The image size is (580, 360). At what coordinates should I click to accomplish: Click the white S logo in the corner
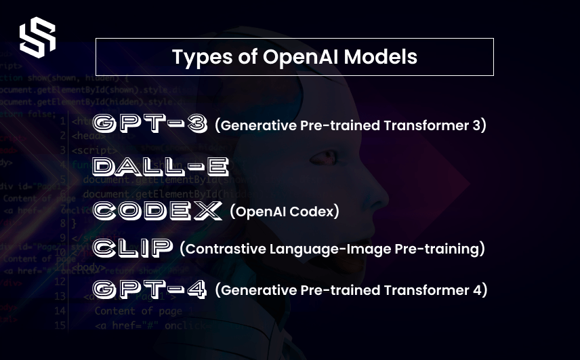[37, 37]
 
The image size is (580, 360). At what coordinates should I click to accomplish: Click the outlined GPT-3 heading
[150, 124]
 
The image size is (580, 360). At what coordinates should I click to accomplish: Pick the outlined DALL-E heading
[161, 167]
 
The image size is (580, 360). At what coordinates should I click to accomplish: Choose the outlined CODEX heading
[157, 211]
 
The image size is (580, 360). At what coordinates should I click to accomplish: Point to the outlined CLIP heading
[133, 248]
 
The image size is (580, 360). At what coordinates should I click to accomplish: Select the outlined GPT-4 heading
[150, 290]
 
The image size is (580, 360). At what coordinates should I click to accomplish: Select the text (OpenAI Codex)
[285, 212]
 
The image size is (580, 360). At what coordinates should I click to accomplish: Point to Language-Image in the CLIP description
[333, 249]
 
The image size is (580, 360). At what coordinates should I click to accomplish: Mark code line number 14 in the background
[60, 311]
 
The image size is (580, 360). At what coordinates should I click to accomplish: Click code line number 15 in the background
[60, 326]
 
